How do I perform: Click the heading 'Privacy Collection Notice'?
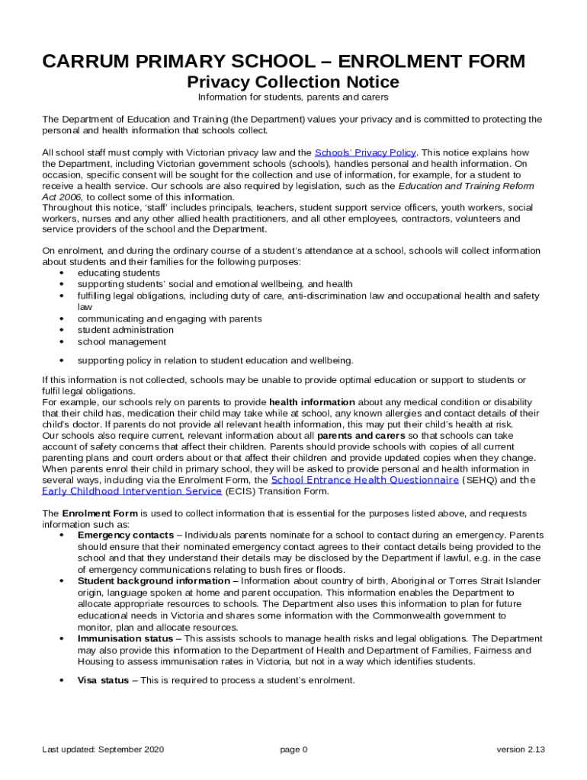(293, 82)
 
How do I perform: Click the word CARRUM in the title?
(86, 62)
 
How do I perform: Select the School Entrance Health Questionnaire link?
(364, 481)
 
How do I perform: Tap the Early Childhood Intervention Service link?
(132, 491)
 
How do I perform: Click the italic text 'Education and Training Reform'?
(466, 186)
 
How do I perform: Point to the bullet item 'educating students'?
(118, 273)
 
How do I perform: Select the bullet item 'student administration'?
(125, 330)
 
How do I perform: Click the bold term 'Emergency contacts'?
(125, 535)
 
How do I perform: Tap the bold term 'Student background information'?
(153, 581)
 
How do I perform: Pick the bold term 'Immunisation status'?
(125, 638)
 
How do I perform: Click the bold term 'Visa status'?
(103, 680)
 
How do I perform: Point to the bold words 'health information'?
(312, 401)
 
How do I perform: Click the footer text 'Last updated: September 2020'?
(103, 750)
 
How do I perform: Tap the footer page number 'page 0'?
(293, 750)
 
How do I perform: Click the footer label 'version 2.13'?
(521, 750)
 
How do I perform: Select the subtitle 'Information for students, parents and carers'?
(293, 97)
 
